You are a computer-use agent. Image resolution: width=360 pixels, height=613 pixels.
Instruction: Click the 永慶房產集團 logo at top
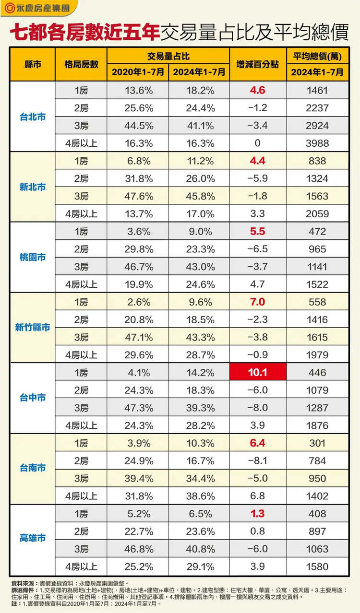tap(36, 9)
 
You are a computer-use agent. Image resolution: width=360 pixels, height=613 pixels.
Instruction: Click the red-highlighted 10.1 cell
tap(258, 373)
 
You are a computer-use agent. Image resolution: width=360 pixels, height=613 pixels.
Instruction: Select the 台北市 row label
tap(33, 117)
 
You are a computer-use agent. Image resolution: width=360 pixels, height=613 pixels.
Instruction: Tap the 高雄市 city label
tap(33, 538)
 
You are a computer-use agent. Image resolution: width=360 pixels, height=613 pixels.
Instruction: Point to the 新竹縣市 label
tap(33, 328)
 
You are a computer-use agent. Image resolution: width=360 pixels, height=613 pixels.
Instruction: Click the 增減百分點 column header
tap(258, 64)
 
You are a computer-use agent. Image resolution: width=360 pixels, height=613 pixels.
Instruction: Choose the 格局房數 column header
tap(81, 64)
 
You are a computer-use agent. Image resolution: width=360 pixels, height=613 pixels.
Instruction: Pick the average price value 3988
tap(317, 143)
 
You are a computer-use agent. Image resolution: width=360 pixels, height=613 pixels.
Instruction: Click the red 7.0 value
tap(258, 302)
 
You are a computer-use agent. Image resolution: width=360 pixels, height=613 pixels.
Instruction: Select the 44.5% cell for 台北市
tap(139, 126)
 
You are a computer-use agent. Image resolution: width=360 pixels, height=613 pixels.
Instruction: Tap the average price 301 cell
tap(317, 443)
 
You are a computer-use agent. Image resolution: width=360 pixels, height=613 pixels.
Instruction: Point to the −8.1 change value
tap(258, 461)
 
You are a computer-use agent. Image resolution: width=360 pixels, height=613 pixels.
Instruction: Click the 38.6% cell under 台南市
tap(199, 496)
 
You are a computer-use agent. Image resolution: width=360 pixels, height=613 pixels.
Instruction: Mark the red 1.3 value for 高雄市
tap(258, 514)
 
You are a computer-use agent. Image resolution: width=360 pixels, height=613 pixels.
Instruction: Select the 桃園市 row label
tap(33, 258)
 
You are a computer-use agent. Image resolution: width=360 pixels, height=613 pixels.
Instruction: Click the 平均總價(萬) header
tap(317, 56)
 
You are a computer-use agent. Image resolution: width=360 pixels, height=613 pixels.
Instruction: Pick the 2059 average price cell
tap(317, 214)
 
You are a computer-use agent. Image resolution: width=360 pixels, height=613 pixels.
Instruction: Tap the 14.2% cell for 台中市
tap(199, 373)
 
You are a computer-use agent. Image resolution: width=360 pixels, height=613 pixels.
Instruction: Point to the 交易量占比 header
tap(168, 56)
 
